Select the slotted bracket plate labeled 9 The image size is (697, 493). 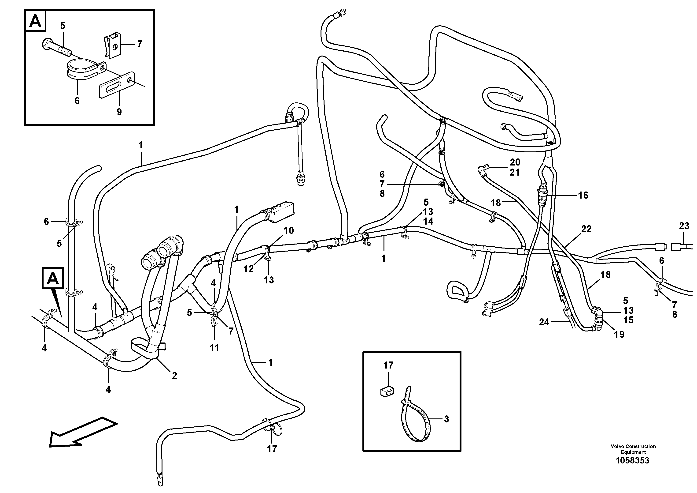pyautogui.click(x=117, y=85)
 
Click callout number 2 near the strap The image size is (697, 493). pyautogui.click(x=174, y=376)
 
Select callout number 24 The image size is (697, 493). pyautogui.click(x=544, y=322)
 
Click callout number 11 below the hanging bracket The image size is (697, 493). pyautogui.click(x=214, y=348)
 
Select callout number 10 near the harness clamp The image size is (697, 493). pyautogui.click(x=289, y=230)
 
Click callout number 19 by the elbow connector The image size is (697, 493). pyautogui.click(x=619, y=334)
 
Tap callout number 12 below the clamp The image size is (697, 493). pyautogui.click(x=248, y=269)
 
